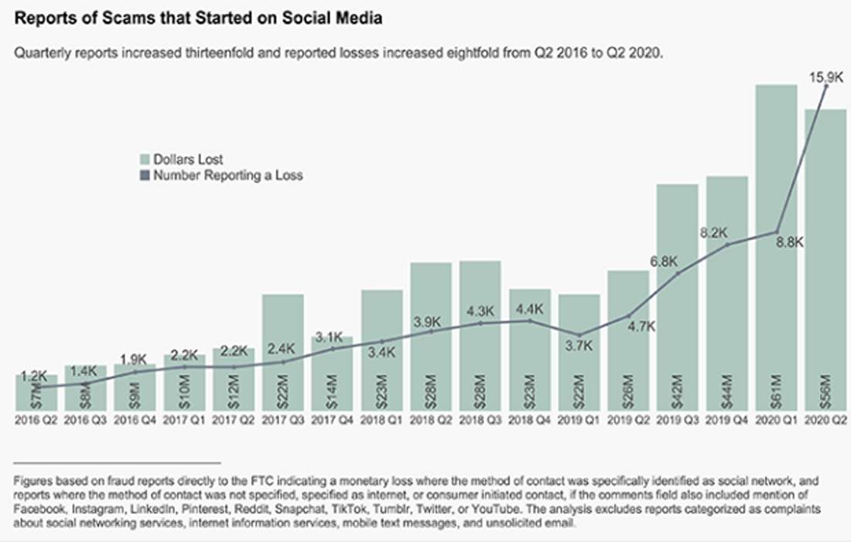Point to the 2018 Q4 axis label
pos(529,421)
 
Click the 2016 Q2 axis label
pos(36,421)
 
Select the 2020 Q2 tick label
pos(825,421)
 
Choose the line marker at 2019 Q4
pos(727,245)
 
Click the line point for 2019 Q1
pos(579,334)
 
